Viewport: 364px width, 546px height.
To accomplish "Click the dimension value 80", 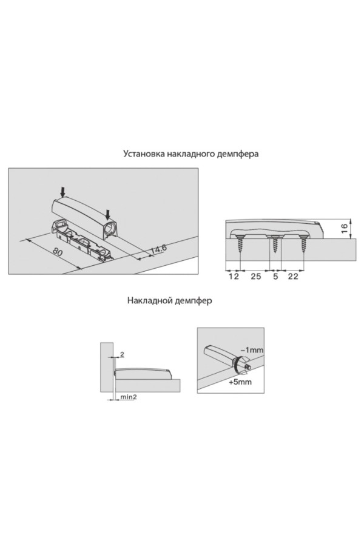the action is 58,251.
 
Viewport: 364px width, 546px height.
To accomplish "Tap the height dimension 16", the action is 344,229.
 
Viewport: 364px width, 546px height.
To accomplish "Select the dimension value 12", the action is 234,277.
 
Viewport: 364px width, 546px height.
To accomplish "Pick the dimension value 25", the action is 256,277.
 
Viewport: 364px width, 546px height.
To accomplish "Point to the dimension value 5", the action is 275,277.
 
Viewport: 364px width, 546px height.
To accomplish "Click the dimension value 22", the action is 293,277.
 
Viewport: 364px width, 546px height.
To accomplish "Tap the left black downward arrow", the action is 62,191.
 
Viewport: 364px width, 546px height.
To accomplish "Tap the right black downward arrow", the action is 109,213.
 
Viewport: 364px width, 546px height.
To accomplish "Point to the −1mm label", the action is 252,349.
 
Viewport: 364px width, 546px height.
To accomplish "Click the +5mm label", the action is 240,382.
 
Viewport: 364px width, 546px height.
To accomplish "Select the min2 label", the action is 128,397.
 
